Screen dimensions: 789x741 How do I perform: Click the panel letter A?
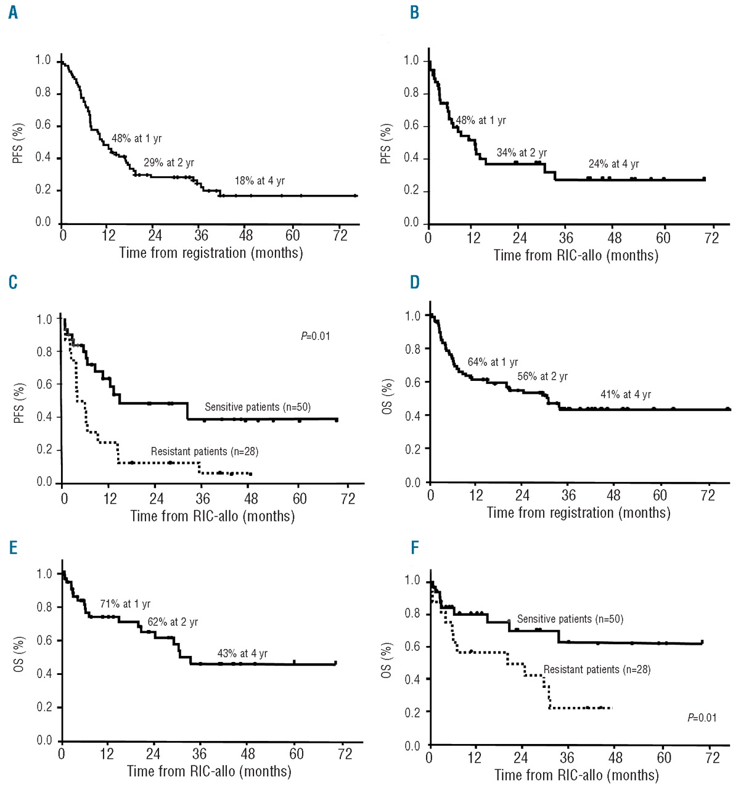point(13,13)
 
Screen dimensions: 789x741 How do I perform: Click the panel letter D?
point(415,282)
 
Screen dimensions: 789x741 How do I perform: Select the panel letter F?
point(415,547)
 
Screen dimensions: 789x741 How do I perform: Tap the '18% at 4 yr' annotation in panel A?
point(260,181)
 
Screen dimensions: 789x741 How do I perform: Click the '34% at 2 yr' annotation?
point(522,153)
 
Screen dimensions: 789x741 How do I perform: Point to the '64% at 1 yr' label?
point(493,362)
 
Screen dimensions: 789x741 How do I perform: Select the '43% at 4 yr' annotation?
point(242,654)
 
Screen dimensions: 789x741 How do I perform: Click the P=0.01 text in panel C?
point(315,336)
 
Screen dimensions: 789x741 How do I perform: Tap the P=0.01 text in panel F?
point(702,717)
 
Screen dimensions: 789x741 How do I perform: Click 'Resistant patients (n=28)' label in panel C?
point(205,452)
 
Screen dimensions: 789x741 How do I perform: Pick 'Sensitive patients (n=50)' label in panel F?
point(570,619)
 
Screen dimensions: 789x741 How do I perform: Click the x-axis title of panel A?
point(211,253)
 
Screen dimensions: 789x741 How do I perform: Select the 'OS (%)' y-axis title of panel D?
point(387,396)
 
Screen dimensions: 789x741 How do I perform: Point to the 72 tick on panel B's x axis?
point(711,238)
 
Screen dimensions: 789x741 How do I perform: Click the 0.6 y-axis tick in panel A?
point(43,126)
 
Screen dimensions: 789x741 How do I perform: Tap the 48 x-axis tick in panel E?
point(248,754)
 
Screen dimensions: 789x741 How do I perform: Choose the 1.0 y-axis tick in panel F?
point(412,581)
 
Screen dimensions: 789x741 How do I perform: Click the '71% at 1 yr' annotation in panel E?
point(125,604)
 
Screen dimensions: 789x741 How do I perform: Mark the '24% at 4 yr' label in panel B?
point(613,164)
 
